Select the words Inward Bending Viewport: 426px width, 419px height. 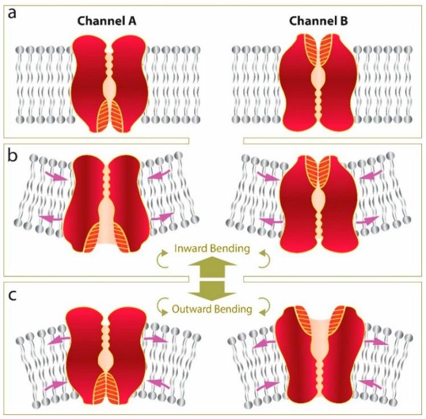coord(212,250)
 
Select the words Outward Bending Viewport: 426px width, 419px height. coord(212,310)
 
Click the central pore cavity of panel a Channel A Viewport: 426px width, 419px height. coord(108,89)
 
